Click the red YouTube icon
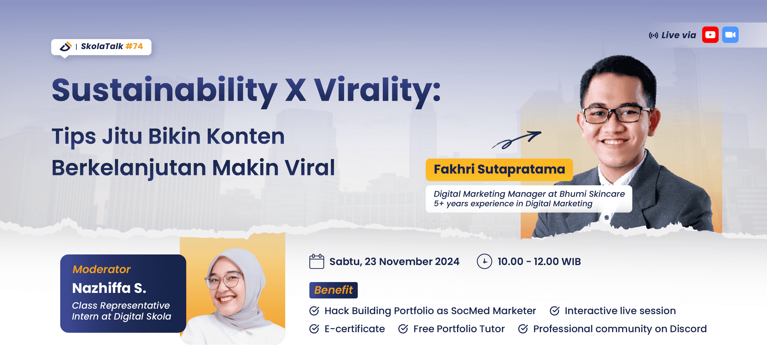pyautogui.click(x=710, y=35)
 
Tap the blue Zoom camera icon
pyautogui.click(x=730, y=35)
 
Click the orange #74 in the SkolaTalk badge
pyautogui.click(x=134, y=46)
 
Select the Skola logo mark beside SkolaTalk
pyautogui.click(x=65, y=46)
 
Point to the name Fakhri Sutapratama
pyautogui.click(x=499, y=170)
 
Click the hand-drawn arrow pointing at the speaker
pyautogui.click(x=516, y=140)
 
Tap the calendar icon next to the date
pyautogui.click(x=317, y=261)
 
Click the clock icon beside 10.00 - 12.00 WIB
pyautogui.click(x=485, y=261)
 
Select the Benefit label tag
pyautogui.click(x=333, y=290)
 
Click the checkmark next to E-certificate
pyautogui.click(x=314, y=329)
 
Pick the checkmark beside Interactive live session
pyautogui.click(x=555, y=311)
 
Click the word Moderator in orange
pyautogui.click(x=102, y=269)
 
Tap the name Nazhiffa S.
pyautogui.click(x=109, y=288)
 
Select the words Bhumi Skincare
pyautogui.click(x=592, y=194)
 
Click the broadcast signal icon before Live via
pyautogui.click(x=653, y=36)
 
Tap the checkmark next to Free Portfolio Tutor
pyautogui.click(x=403, y=329)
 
